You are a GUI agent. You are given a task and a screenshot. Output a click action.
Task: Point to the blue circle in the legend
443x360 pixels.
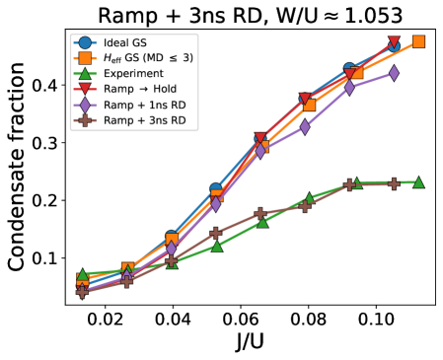pos(85,42)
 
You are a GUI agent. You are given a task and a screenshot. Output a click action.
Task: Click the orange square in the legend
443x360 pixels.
pos(85,58)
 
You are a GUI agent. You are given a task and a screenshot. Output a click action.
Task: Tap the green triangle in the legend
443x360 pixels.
pos(85,74)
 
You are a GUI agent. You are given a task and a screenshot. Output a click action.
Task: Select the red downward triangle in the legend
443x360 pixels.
pos(85,90)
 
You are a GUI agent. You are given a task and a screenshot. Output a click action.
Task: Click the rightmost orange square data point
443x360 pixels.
pos(418,41)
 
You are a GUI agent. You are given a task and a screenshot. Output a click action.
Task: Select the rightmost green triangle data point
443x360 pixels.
pos(418,182)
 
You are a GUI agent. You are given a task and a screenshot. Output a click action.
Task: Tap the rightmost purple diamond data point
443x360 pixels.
pos(394,73)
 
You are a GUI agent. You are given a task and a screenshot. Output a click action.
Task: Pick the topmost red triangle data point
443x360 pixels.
pos(394,43)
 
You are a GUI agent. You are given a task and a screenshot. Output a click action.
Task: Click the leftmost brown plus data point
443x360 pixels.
pos(82,292)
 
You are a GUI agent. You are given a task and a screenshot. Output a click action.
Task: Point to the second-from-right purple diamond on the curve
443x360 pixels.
pos(349,88)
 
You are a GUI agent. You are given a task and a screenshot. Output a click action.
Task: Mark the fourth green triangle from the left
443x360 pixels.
pos(216,246)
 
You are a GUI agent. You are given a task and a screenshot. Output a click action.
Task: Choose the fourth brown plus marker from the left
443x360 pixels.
pos(216,234)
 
